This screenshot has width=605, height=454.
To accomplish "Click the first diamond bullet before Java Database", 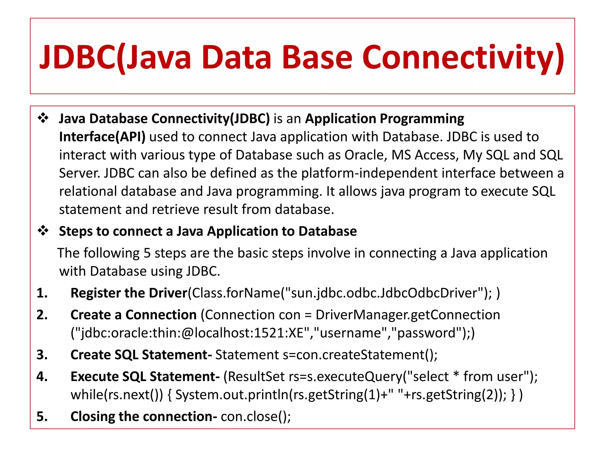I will click(43, 118).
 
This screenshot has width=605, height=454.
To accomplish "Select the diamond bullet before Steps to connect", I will click(43, 231).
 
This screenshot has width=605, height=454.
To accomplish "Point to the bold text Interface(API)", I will click(102, 137).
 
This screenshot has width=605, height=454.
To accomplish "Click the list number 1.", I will click(42, 293).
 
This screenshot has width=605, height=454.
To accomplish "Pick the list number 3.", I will click(42, 355).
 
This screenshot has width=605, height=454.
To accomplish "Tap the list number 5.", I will click(42, 416).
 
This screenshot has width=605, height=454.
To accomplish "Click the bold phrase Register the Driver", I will click(129, 293).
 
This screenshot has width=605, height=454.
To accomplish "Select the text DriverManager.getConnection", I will click(408, 315).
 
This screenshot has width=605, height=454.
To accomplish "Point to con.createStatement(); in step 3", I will click(366, 355).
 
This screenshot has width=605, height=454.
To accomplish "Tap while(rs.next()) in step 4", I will click(117, 395).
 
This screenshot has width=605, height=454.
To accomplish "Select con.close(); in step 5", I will click(256, 416).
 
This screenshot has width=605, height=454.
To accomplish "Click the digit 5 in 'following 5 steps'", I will click(147, 253).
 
